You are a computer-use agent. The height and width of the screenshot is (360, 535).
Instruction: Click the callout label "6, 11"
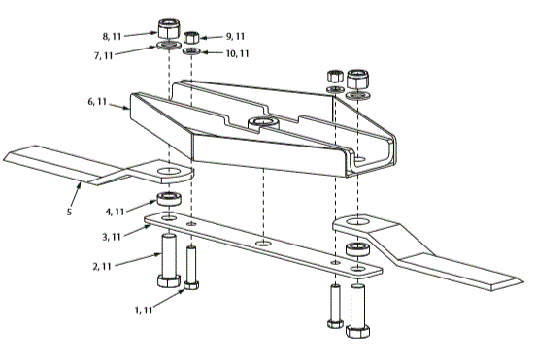[x=104, y=101]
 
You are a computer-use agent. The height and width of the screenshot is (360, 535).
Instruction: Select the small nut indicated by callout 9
[x=192, y=35]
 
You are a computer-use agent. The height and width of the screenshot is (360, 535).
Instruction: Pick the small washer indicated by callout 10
[x=192, y=49]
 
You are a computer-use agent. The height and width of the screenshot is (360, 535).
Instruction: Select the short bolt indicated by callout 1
[x=192, y=269]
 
